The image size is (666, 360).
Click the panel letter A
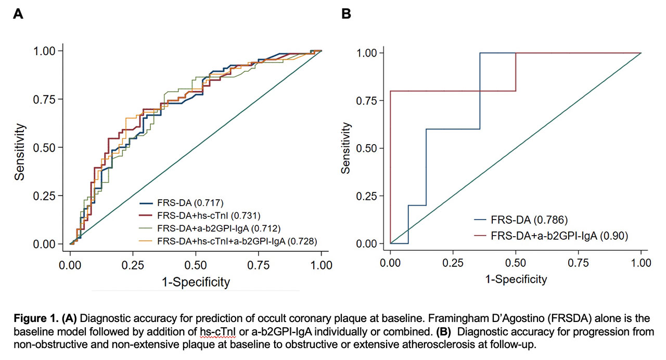click(18, 14)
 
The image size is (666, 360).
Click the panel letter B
click(346, 14)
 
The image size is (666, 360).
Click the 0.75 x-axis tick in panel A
click(259, 265)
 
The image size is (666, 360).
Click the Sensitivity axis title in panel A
click(20, 151)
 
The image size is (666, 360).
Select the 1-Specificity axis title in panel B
click(516, 279)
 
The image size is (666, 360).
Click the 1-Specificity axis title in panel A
click(196, 282)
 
